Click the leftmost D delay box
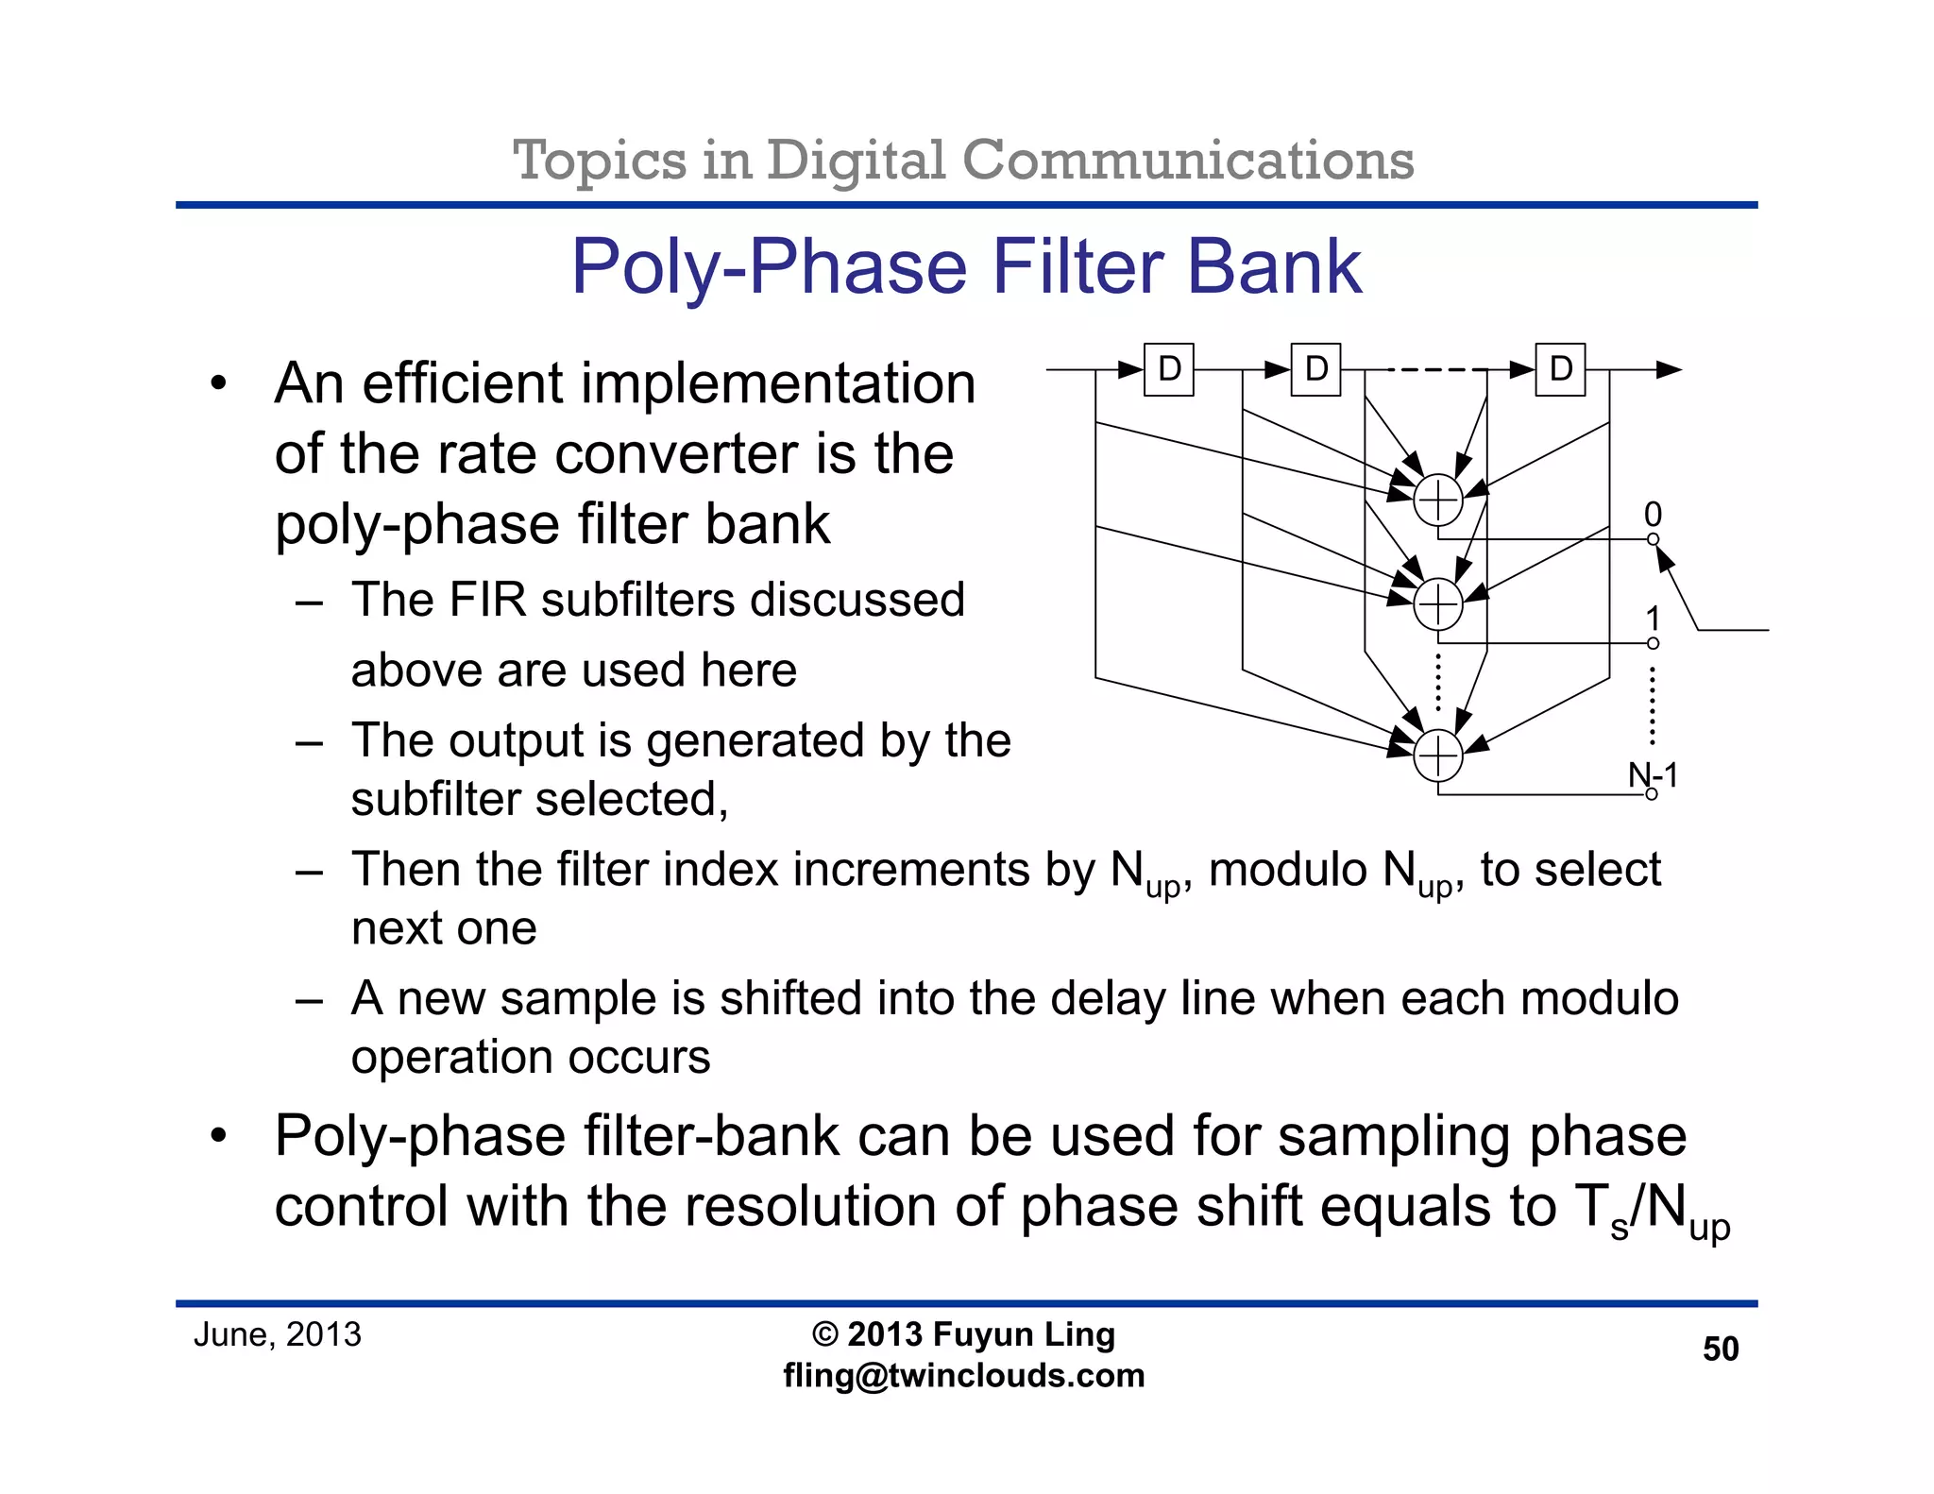pos(1168,369)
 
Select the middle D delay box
pos(1315,369)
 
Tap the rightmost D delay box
pos(1560,369)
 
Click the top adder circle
pos(1437,501)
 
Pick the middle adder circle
pos(1437,604)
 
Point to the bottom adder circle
pos(1437,756)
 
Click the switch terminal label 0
pos(1653,514)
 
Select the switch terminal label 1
pos(1653,619)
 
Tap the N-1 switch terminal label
pos(1653,775)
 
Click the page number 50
pos(1720,1349)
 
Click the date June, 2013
pos(277,1334)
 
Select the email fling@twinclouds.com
pos(963,1375)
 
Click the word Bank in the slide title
pos(1273,267)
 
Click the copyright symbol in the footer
pos(824,1334)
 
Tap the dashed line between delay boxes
pos(1435,369)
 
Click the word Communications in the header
pos(1188,161)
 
